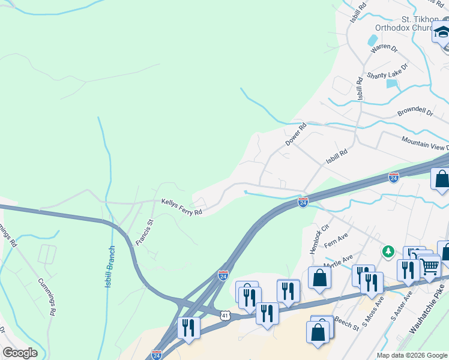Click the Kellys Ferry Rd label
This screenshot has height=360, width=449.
(x=181, y=207)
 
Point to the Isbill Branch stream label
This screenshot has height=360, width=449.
(x=110, y=266)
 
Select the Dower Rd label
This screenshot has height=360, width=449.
(x=295, y=134)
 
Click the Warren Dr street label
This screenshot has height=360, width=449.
(x=384, y=52)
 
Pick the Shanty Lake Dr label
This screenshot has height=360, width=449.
(x=387, y=73)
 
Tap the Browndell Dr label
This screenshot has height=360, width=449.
(x=415, y=113)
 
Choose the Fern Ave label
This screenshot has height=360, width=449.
(x=336, y=242)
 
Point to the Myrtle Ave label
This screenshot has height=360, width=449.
(x=339, y=262)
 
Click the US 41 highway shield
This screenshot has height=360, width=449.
(x=224, y=314)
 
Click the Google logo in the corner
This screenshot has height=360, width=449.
(x=20, y=353)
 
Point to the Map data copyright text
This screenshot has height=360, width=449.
(x=412, y=355)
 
